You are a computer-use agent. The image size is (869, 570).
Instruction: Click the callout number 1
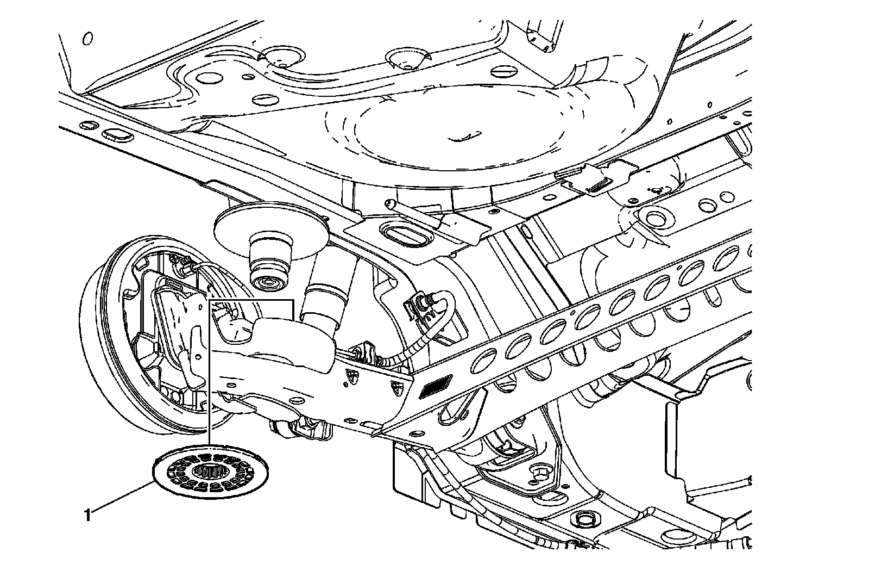tap(87, 513)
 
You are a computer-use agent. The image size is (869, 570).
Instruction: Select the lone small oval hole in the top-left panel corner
tap(87, 39)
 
